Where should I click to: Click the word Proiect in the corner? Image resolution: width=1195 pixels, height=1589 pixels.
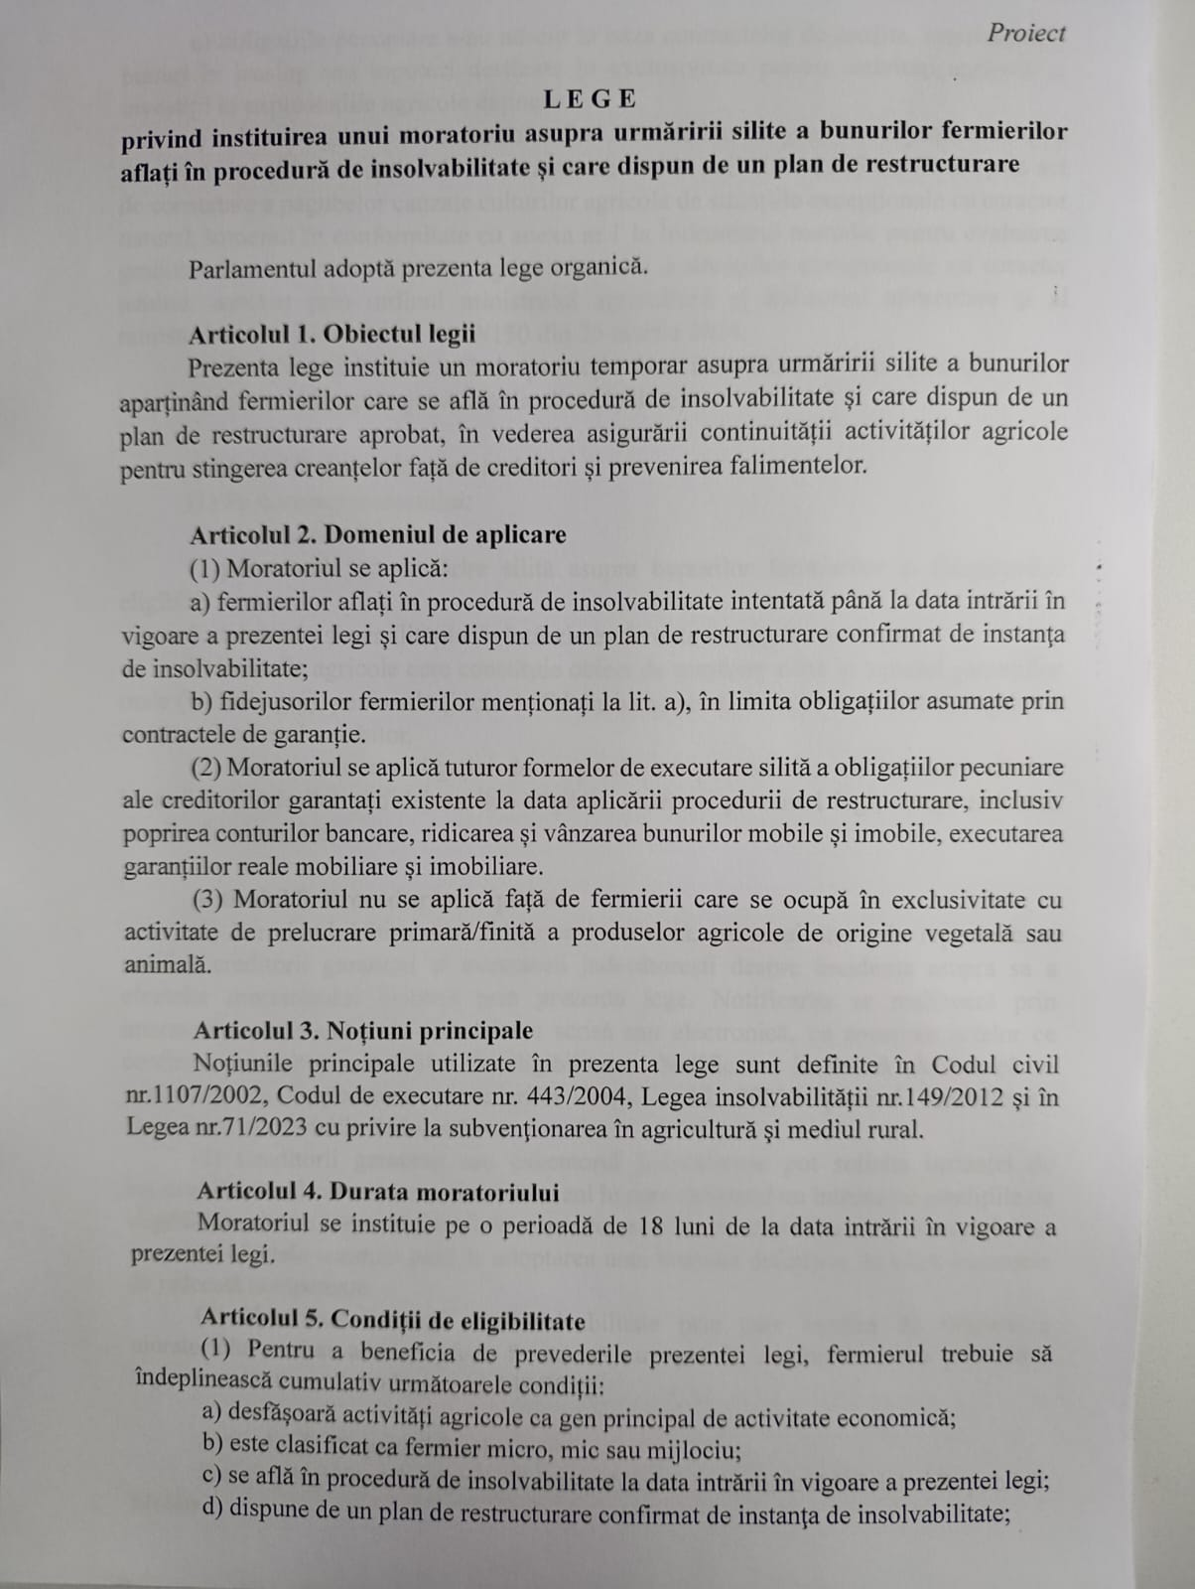[1025, 33]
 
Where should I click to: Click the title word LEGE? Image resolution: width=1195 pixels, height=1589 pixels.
[590, 98]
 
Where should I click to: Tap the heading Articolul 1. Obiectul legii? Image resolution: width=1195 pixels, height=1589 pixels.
[332, 334]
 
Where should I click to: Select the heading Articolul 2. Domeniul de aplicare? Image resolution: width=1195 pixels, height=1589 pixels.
[378, 534]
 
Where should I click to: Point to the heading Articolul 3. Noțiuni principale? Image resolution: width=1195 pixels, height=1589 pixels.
[363, 1030]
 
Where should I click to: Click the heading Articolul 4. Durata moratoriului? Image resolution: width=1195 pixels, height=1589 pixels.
[377, 1192]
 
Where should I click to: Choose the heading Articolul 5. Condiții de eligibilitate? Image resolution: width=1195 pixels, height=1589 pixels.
[392, 1321]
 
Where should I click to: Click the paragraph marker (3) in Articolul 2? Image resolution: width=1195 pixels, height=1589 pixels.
[209, 900]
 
